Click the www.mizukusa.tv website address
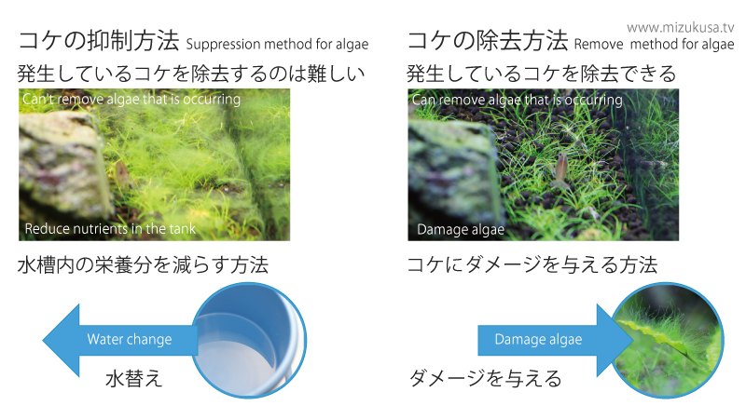pos(681,28)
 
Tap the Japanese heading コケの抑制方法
pos(99,41)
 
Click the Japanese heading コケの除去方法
pos(488,41)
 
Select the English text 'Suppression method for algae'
pos(277,44)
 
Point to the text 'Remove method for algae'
pos(655,44)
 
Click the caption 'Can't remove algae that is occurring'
pos(131,99)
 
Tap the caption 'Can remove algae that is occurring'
pos(518,100)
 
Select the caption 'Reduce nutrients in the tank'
pos(110,228)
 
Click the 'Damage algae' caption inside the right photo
pos(461,229)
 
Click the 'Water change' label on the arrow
pos(130,339)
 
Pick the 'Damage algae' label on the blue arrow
pos(539,339)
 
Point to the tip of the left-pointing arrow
pos(43,340)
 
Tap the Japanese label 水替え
pos(134,379)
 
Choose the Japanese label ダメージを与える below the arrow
pos(485,379)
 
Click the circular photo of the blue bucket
pos(249,340)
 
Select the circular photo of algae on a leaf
pos(667,340)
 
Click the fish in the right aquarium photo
pos(561,170)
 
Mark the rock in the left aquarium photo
pos(62,164)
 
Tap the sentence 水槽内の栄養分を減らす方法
pos(143,265)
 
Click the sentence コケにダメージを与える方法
pos(532,265)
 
